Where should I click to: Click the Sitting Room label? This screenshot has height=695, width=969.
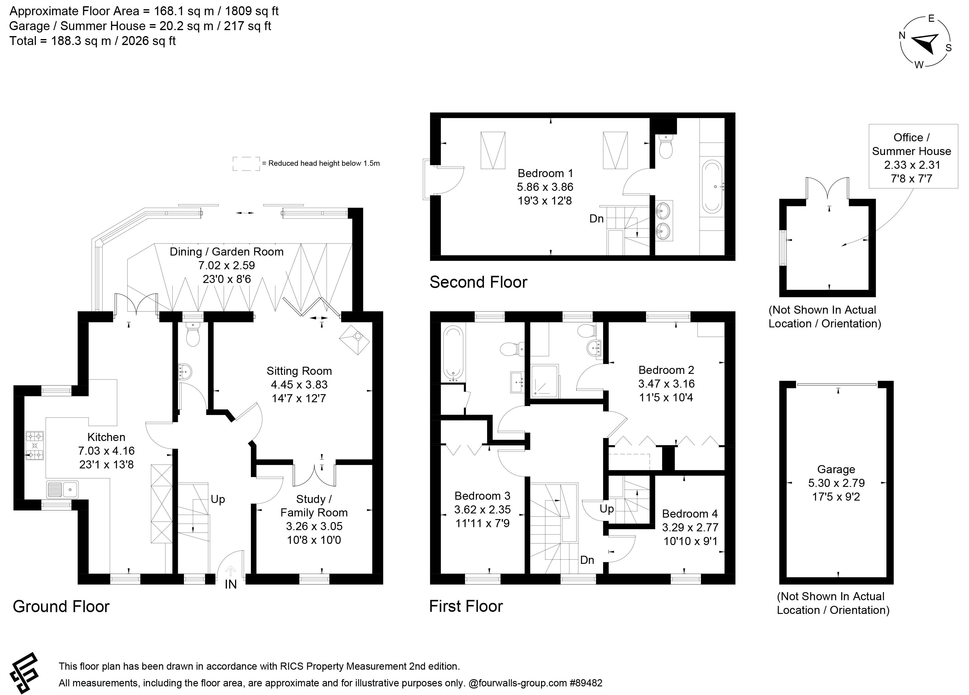(299, 371)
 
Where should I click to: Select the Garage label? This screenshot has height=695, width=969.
(836, 470)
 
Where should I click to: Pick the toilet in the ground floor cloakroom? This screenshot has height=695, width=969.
(193, 335)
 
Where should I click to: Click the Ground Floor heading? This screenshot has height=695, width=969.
(61, 606)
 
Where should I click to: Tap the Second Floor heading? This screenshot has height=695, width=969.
(478, 282)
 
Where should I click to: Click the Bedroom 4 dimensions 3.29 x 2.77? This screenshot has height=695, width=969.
(690, 527)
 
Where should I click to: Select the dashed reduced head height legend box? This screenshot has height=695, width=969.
(246, 164)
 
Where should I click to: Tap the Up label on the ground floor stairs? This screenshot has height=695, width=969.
(218, 499)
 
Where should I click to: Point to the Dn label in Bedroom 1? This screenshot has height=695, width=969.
(596, 219)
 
